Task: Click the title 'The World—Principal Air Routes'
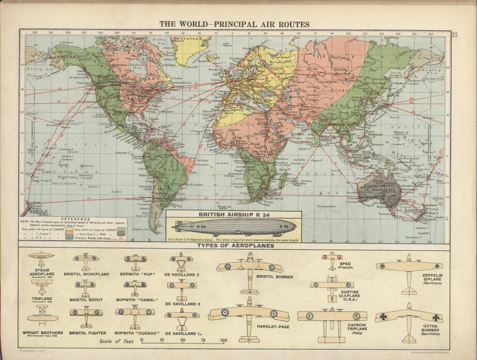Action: pyautogui.click(x=234, y=24)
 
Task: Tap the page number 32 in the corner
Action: pyautogui.click(x=455, y=36)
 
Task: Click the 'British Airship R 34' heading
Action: pyautogui.click(x=233, y=215)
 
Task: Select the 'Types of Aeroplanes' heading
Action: pyautogui.click(x=234, y=246)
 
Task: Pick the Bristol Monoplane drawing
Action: pyautogui.click(x=86, y=261)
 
